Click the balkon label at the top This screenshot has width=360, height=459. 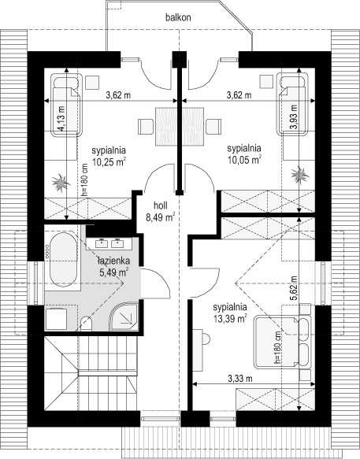coord(179,17)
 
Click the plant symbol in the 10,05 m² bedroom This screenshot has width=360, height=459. coord(300,173)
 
